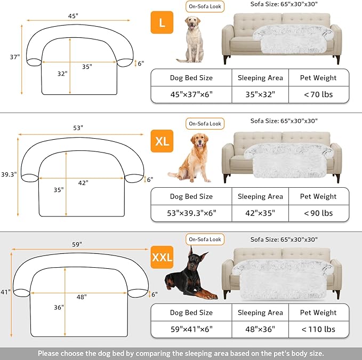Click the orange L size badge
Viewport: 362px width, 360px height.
click(x=162, y=23)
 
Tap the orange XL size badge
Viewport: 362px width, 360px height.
click(x=162, y=141)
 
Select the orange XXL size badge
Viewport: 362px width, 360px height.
click(x=162, y=258)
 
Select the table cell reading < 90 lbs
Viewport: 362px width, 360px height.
click(x=318, y=213)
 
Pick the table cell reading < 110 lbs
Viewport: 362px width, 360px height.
click(x=318, y=329)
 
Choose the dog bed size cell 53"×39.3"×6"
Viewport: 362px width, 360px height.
click(x=191, y=213)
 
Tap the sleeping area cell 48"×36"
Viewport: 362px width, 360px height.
click(x=260, y=329)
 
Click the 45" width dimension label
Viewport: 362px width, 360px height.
click(x=73, y=16)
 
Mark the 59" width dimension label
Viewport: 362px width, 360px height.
click(x=77, y=244)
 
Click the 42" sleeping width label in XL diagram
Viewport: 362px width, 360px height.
click(x=83, y=182)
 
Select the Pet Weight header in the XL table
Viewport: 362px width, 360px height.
click(x=318, y=196)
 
